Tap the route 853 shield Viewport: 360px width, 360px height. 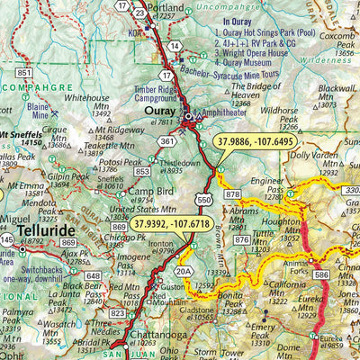tap(142, 171)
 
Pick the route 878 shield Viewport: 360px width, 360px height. tap(234, 195)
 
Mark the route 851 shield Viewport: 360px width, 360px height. tap(24, 73)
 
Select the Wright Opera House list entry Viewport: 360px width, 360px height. tap(265, 53)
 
